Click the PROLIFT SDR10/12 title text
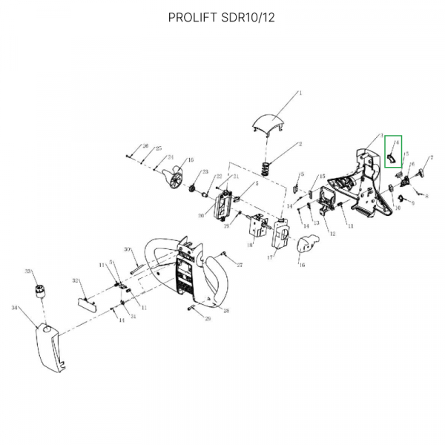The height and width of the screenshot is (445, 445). pyautogui.click(x=222, y=17)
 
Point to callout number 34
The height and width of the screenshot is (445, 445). pyautogui.click(x=15, y=306)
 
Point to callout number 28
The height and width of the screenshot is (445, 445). pyautogui.click(x=227, y=310)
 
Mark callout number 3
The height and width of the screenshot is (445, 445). pyautogui.click(x=381, y=136)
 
